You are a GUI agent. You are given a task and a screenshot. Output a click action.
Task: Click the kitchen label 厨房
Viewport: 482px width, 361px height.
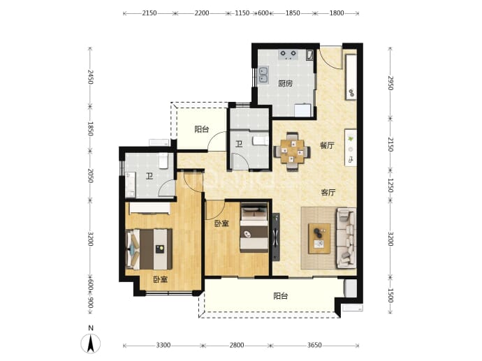(x=285, y=84)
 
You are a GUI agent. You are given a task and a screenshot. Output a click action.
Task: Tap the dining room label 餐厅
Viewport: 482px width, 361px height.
(x=327, y=145)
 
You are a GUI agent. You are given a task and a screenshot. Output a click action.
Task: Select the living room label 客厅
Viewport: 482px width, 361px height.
(x=328, y=193)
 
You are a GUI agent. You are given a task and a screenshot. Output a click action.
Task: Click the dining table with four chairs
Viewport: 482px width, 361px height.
(x=292, y=152)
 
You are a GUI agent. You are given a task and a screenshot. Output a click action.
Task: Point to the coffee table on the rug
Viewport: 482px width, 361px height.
(x=319, y=238)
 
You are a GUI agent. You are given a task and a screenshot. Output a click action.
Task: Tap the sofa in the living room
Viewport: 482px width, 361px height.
(x=346, y=238)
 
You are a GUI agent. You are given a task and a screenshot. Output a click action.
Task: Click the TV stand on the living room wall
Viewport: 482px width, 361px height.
(x=276, y=237)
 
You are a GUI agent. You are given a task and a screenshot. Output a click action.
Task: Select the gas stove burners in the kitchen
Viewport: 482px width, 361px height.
(x=288, y=54)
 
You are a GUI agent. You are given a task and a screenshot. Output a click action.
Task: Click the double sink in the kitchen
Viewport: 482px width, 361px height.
(x=263, y=75)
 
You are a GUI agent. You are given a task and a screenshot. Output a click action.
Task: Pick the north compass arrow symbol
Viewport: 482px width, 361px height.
(x=90, y=344)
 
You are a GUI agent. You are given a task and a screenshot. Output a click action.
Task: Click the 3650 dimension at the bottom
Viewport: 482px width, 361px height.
(x=314, y=346)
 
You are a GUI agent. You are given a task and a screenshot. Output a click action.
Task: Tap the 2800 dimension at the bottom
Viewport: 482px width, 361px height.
(x=237, y=346)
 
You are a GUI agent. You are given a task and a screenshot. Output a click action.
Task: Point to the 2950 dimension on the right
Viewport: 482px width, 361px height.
(x=390, y=83)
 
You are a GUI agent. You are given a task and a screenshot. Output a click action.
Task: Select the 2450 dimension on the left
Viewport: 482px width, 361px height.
(x=90, y=77)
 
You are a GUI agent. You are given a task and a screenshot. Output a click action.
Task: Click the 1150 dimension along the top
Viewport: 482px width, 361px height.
(x=242, y=13)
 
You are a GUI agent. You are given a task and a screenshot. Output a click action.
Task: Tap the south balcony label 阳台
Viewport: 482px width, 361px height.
(x=281, y=296)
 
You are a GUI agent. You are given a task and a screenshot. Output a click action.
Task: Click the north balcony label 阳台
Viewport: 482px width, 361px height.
(x=202, y=129)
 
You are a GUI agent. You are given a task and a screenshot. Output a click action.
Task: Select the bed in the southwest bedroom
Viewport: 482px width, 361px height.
(x=149, y=249)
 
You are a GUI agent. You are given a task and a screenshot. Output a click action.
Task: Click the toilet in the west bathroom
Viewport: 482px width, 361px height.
(x=163, y=161)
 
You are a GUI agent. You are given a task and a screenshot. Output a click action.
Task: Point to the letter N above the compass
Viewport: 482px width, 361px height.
(x=90, y=328)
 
